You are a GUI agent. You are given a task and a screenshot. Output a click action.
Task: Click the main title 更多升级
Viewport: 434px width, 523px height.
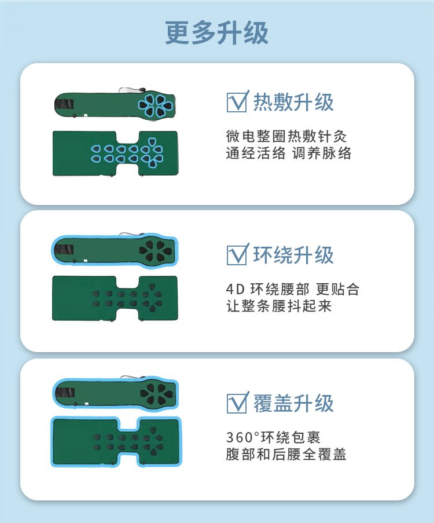(216, 32)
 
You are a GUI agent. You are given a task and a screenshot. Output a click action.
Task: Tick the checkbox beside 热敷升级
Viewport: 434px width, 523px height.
(237, 101)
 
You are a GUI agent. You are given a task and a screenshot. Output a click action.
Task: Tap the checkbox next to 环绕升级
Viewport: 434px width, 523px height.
(237, 254)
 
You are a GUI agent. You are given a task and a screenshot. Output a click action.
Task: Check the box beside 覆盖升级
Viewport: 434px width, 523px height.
(237, 403)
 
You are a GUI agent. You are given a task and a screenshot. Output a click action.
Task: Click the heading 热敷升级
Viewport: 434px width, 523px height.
(293, 102)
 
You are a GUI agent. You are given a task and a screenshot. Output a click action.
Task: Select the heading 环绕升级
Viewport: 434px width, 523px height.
(293, 255)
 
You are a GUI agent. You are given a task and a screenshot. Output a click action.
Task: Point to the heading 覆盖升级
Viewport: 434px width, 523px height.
(293, 403)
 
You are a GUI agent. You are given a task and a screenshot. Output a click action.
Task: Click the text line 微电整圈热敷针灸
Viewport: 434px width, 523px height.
(286, 136)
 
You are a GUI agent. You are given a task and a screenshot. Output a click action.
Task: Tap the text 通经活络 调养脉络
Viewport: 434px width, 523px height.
(289, 153)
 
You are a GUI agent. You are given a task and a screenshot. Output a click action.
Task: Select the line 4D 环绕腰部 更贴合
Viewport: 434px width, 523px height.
(293, 289)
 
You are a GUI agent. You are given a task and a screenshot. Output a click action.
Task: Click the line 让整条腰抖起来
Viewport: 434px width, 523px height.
(279, 306)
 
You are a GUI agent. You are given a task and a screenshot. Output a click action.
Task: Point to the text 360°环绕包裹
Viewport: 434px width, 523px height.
(273, 437)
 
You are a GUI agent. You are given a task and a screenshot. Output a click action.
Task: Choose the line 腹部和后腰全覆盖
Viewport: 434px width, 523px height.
(286, 454)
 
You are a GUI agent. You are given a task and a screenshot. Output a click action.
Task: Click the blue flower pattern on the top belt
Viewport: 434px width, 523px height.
(156, 105)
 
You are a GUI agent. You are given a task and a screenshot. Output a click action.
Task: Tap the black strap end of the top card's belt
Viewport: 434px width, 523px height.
(64, 104)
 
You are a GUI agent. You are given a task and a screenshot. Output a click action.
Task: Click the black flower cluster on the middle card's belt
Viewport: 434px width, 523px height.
(155, 251)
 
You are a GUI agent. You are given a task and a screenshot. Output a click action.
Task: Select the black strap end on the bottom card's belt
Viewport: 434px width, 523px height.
(65, 393)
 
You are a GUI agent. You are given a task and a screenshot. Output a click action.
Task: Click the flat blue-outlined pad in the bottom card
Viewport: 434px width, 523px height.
(116, 441)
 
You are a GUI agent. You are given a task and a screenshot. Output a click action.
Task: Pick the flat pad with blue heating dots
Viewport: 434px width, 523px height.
(115, 153)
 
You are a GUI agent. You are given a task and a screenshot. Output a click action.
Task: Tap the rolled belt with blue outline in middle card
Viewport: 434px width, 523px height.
(115, 251)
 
